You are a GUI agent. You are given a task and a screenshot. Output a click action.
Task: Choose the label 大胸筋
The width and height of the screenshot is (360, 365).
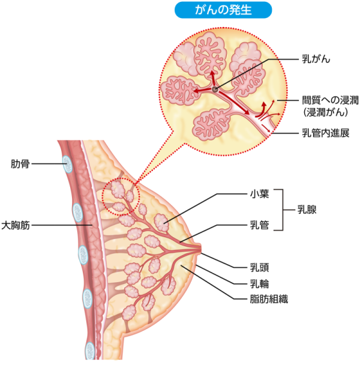[16, 226]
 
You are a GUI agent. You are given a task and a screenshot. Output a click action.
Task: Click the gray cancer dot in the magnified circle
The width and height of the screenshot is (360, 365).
[215, 89]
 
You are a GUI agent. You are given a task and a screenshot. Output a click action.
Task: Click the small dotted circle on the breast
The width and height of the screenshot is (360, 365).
[121, 195]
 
